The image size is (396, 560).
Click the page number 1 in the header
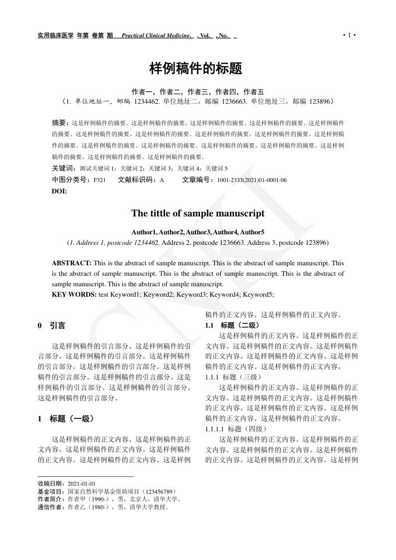point(349,35)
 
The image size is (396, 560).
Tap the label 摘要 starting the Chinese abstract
point(60,122)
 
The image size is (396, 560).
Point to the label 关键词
point(63,169)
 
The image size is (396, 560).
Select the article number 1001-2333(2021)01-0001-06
point(251,180)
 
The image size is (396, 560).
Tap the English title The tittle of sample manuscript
point(198,213)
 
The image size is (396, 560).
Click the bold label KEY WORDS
point(74,294)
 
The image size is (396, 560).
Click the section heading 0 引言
point(51,326)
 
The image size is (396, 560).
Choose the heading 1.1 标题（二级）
point(232,325)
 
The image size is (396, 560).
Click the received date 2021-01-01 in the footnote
point(82,484)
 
